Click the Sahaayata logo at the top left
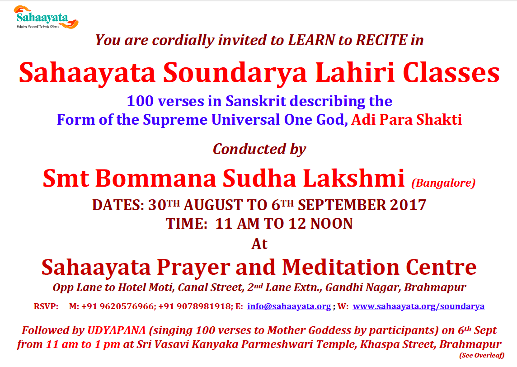[46, 17]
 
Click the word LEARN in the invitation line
[311, 40]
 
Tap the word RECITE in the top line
[381, 40]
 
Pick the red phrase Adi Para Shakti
[406, 119]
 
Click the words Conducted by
[259, 149]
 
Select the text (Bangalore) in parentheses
[443, 183]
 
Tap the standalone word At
[259, 245]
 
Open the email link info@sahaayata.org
[289, 306]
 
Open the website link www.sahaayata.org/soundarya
[418, 306]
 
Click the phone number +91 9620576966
[117, 306]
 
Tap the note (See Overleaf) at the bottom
[482, 355]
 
